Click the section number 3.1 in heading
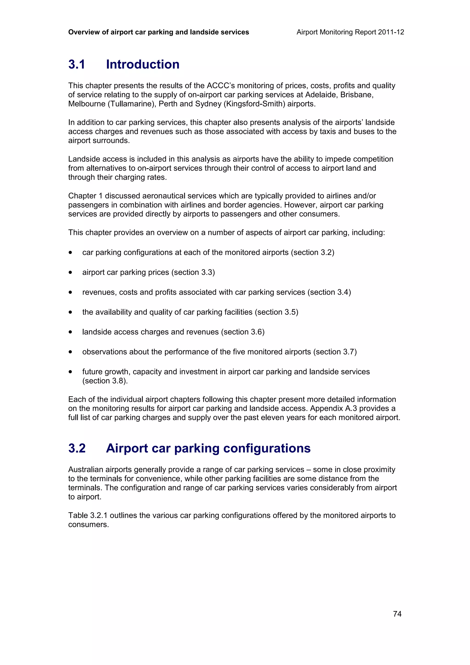(77, 64)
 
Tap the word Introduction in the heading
(143, 64)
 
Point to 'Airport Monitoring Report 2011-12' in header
(350, 32)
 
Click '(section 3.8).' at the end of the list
(105, 381)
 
